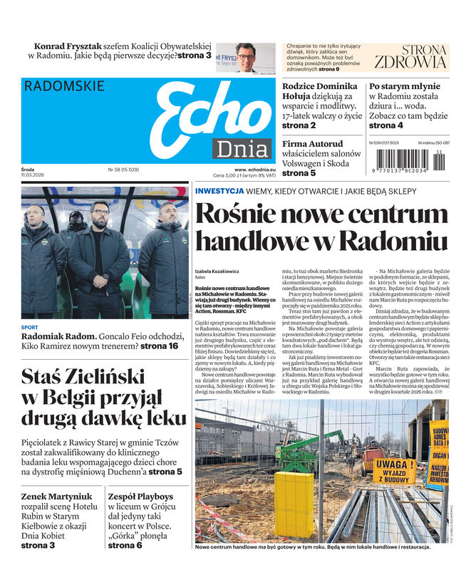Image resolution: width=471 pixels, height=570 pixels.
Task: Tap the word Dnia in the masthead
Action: (243, 150)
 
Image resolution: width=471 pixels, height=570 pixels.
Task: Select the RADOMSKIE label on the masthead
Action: (64, 86)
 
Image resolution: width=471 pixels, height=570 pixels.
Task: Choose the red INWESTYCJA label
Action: (220, 191)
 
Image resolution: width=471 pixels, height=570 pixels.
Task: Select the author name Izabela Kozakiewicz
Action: (218, 271)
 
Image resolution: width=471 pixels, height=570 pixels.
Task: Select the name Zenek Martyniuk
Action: (58, 496)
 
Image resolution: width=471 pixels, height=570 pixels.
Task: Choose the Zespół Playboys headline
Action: (140, 496)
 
